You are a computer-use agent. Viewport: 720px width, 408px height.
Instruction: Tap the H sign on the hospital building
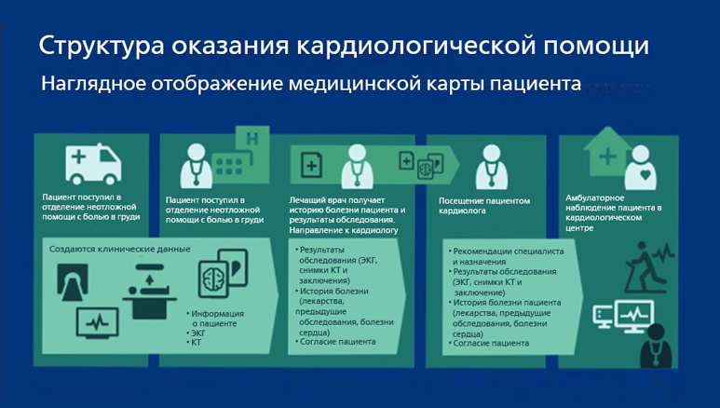click(x=251, y=140)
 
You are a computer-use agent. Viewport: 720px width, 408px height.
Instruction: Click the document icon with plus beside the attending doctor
click(x=313, y=166)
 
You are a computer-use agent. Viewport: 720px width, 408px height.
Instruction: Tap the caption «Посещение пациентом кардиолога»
click(x=483, y=205)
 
